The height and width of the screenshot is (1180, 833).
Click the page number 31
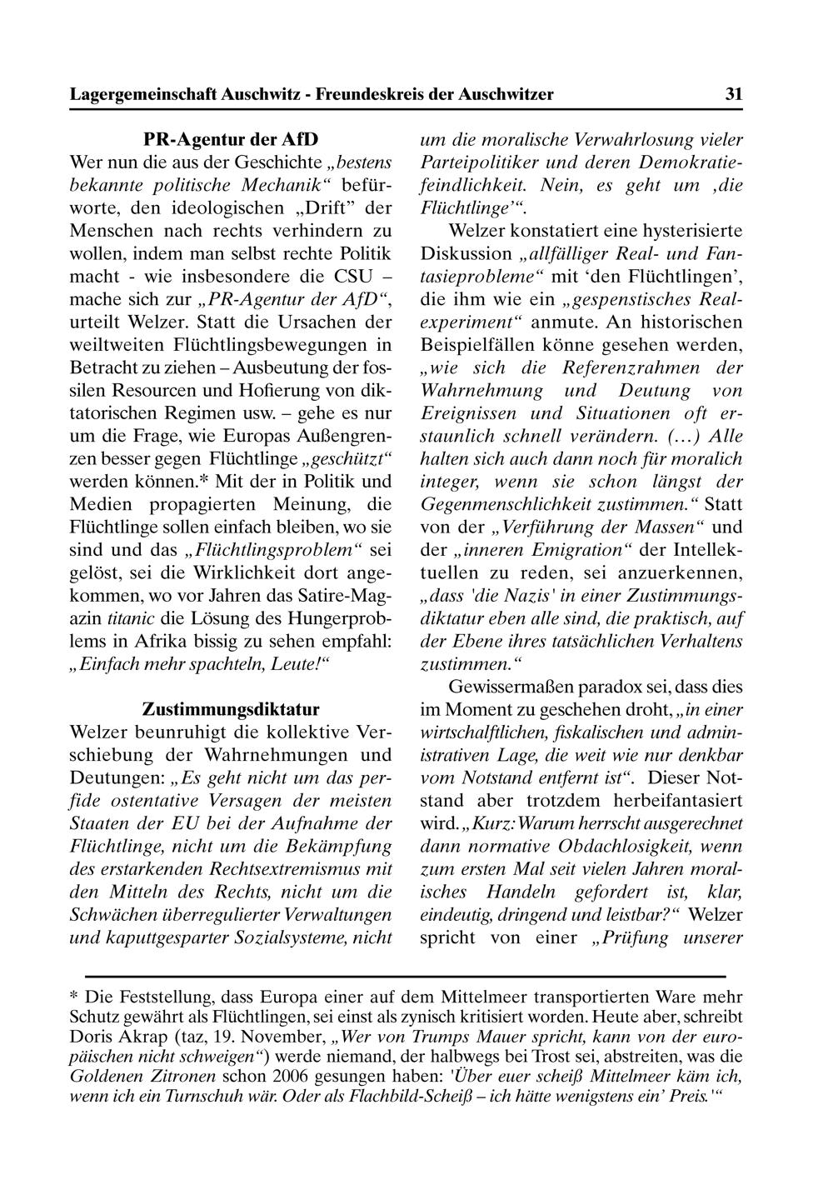point(733,95)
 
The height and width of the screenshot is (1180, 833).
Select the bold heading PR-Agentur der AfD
point(231,138)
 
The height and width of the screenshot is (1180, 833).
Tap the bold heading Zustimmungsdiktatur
point(231,710)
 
